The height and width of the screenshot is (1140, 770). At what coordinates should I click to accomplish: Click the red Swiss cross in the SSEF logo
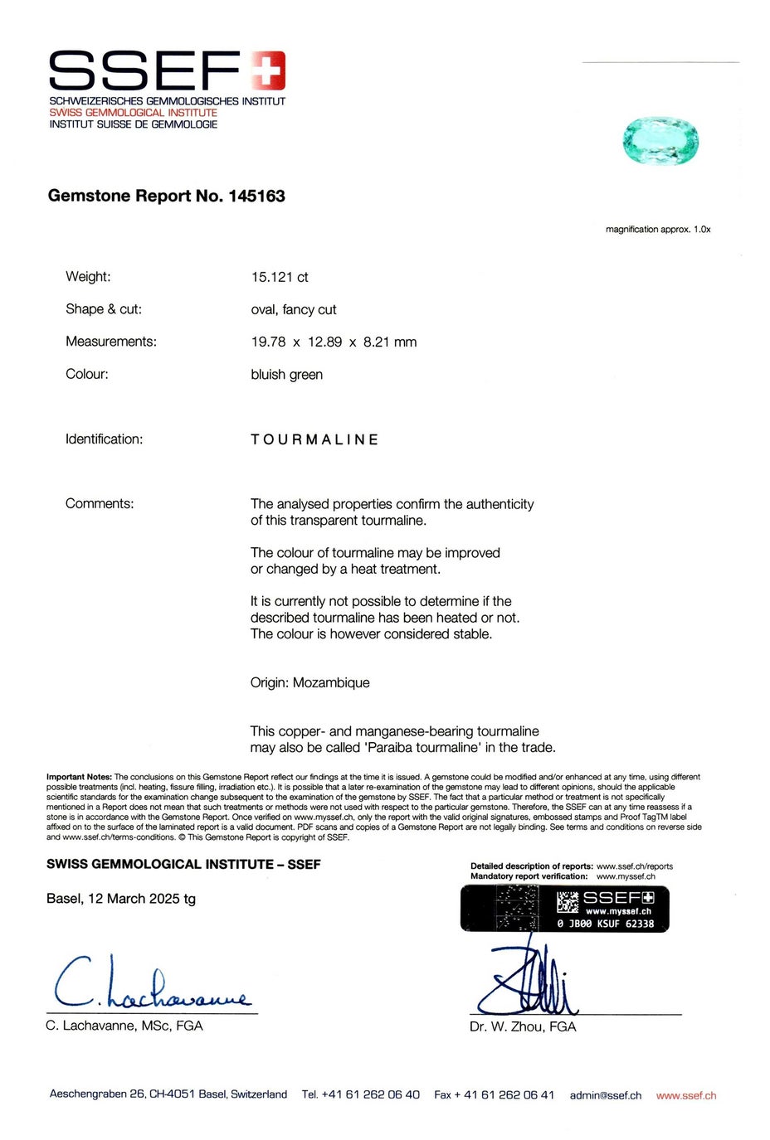(x=268, y=70)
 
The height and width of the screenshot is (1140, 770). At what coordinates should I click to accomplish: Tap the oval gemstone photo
(x=660, y=141)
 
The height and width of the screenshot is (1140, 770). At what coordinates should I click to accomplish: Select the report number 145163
(x=256, y=196)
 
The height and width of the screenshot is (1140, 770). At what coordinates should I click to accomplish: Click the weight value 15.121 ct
(x=280, y=277)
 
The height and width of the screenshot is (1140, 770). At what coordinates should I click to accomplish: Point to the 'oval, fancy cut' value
(x=294, y=309)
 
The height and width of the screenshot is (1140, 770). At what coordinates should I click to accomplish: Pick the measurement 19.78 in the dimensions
(x=268, y=342)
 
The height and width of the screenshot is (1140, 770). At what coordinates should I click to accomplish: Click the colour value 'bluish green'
(x=286, y=375)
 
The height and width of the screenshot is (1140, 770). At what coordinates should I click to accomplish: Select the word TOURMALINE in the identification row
(x=314, y=439)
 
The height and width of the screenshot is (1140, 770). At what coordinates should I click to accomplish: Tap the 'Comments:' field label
(x=100, y=503)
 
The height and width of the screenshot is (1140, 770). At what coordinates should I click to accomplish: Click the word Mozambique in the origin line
(x=331, y=682)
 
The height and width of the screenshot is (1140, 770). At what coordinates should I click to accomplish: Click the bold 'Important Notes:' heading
(x=79, y=777)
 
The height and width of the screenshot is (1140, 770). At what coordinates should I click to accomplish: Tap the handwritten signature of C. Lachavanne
(x=149, y=984)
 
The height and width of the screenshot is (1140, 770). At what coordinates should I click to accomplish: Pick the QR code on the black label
(x=568, y=902)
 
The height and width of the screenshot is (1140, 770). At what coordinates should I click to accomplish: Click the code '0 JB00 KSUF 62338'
(x=605, y=924)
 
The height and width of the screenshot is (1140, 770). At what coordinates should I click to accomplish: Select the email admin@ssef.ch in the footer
(x=605, y=1095)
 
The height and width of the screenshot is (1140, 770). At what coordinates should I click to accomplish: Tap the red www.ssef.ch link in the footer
(x=685, y=1095)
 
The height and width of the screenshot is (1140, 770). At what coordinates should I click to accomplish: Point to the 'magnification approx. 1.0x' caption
(x=657, y=229)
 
